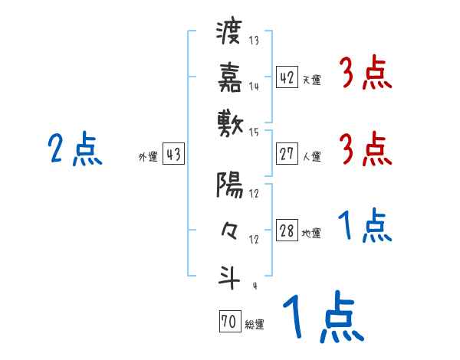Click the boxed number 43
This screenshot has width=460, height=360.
pyautogui.click(x=173, y=154)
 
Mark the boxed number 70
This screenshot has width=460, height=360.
pyautogui.click(x=228, y=322)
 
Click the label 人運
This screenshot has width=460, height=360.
pyautogui.click(x=310, y=156)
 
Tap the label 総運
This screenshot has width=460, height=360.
pyautogui.click(x=253, y=325)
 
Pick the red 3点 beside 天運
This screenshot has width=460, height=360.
pyautogui.click(x=366, y=74)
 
